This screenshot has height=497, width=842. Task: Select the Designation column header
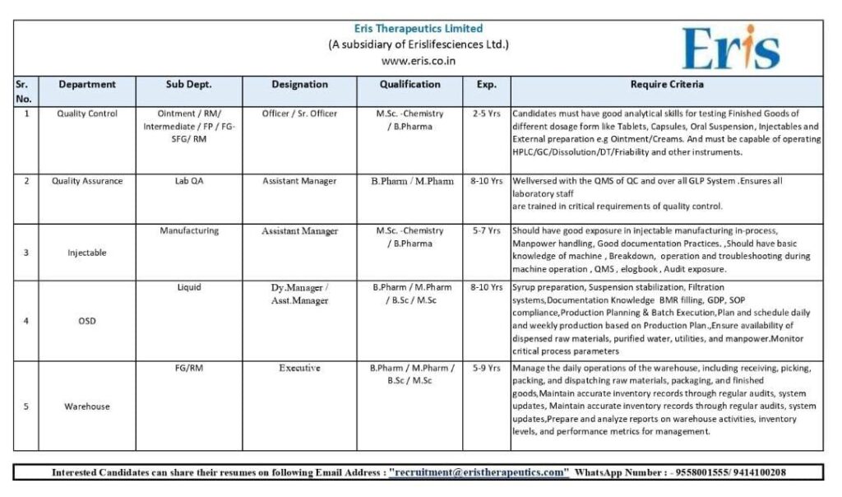299,84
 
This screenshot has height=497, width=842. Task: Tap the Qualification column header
409,84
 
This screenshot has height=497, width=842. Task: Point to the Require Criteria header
667,84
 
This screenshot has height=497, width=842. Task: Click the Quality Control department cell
87,114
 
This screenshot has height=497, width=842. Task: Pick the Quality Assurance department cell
87,181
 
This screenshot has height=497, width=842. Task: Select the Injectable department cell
87,253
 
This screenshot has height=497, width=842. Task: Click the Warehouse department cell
87,406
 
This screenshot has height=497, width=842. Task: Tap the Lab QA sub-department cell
189,181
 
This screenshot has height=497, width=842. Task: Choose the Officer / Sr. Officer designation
299,114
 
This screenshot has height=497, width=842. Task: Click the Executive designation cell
299,369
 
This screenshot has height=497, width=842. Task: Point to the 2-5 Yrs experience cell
486,114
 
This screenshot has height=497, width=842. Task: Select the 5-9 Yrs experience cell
486,369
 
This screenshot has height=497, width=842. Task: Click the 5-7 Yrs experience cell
486,231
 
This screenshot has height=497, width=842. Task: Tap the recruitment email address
479,472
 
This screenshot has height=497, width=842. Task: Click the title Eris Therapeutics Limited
419,29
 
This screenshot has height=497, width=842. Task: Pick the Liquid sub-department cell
189,287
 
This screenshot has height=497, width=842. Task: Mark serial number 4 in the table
26,321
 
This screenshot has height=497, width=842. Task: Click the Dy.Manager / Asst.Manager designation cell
299,294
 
